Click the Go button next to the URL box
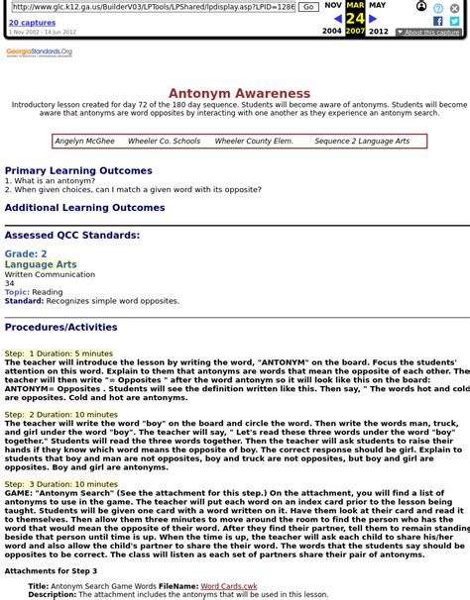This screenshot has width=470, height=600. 307,6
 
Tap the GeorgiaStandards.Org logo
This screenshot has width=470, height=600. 41,51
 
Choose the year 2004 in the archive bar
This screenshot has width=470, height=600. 331,32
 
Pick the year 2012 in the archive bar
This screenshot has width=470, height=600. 379,32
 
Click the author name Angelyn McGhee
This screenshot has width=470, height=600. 84,141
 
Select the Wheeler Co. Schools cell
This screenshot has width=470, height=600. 164,141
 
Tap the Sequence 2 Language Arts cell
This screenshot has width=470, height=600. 362,141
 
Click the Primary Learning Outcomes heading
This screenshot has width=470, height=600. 78,170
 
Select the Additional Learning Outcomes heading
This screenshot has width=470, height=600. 85,208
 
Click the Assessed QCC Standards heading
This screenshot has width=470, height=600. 72,236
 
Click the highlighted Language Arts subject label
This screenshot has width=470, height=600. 41,264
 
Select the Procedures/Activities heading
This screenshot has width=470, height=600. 60,327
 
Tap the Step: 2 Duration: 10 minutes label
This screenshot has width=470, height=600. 60,414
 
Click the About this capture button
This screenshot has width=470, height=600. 427,33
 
